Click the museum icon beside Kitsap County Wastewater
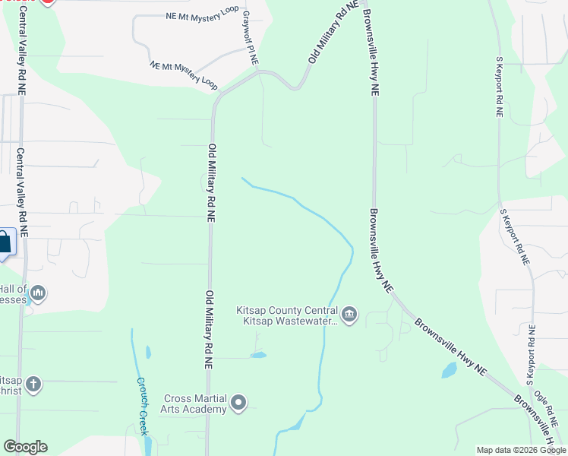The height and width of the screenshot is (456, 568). tap(349, 315)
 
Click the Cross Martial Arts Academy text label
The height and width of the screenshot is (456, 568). tap(194, 404)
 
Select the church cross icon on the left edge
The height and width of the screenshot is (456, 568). tap(33, 385)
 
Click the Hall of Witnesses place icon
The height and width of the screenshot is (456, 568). tap(38, 293)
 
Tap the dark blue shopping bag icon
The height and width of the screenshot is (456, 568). tap(4, 243)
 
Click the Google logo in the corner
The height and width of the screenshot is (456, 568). tap(25, 447)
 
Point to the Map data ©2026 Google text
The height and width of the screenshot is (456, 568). tap(521, 450)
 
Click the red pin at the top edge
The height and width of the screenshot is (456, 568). tap(47, 2)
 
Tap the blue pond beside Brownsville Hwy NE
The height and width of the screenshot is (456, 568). tap(449, 371)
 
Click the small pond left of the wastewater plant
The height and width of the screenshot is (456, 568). tap(258, 354)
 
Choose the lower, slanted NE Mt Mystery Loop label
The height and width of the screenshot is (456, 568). tap(183, 74)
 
